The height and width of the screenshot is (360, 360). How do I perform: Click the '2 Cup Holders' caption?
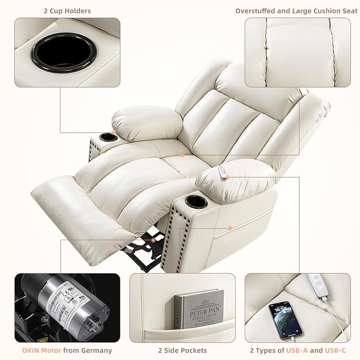pyautogui.click(x=67, y=11)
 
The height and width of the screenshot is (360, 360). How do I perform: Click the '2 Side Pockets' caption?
pyautogui.click(x=182, y=350)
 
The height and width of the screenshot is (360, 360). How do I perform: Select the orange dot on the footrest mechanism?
pyautogui.click(x=153, y=240)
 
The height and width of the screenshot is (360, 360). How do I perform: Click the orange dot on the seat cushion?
pyautogui.click(x=181, y=155)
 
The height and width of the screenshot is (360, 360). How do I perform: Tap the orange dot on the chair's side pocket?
pyautogui.click(x=230, y=227)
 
